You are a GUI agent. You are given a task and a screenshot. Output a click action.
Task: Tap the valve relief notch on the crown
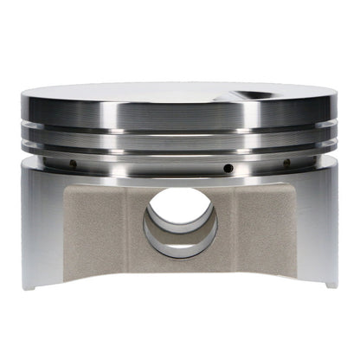(250, 96)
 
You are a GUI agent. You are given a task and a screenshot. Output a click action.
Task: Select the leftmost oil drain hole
(74, 163)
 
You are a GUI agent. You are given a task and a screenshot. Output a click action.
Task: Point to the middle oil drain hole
(228, 167)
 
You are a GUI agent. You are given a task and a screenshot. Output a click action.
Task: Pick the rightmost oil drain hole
(286, 162)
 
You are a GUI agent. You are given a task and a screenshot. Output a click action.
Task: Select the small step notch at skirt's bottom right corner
(331, 283)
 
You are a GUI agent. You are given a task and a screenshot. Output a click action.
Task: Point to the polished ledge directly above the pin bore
(181, 177)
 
